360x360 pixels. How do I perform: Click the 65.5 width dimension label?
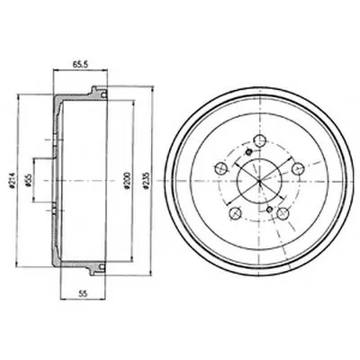tap(79, 65)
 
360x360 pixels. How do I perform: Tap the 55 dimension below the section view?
tap(83, 294)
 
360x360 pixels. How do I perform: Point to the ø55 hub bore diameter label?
tap(29, 181)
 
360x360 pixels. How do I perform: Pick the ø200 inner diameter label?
tap(127, 181)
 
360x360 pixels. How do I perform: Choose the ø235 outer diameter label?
tap(147, 181)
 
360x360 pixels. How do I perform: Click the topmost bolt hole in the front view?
tap(260, 139)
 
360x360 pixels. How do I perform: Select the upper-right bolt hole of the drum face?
tap(298, 168)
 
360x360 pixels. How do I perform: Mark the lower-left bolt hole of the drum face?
tap(235, 213)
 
